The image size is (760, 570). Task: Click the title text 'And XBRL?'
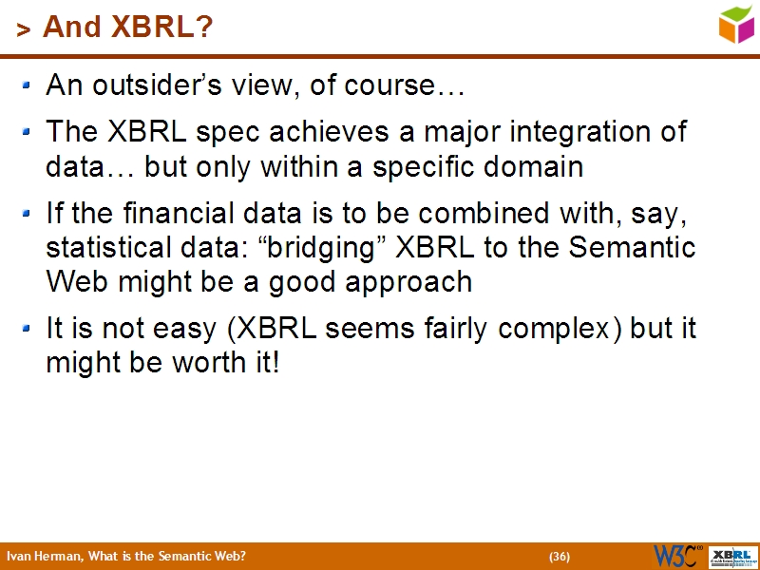(127, 28)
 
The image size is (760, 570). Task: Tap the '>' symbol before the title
(24, 31)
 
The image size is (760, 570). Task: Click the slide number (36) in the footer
(560, 557)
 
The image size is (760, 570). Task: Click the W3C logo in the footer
(677, 556)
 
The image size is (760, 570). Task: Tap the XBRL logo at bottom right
(732, 556)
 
